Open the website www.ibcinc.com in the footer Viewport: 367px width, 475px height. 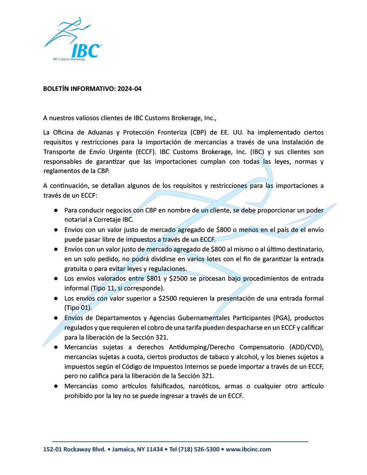tap(249, 449)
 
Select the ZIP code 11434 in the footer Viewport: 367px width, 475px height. tap(154, 449)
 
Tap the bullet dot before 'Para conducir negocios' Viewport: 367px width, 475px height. tap(55, 210)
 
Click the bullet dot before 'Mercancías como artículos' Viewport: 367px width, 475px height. tap(55, 386)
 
